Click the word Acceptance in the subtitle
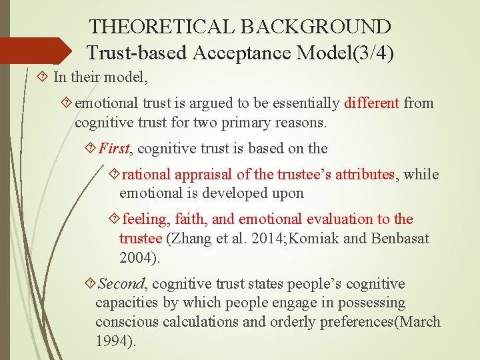click(229, 52)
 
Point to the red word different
click(372, 103)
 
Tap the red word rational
click(147, 175)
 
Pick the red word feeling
click(145, 219)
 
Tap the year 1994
click(113, 342)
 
